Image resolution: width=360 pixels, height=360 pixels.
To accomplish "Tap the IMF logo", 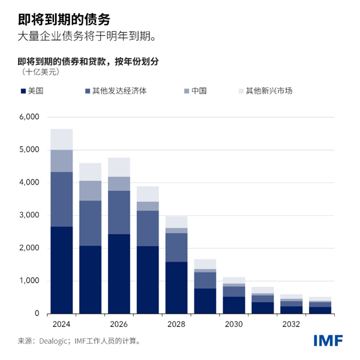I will coord(328,340).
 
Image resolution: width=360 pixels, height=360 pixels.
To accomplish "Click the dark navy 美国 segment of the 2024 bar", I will coord(61,270).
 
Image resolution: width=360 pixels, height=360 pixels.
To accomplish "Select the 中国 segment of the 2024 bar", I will coord(61,161).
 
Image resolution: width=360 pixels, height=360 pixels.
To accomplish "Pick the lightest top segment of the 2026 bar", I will coord(119,167).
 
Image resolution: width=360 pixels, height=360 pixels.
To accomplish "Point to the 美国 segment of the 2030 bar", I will coord(234,305).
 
